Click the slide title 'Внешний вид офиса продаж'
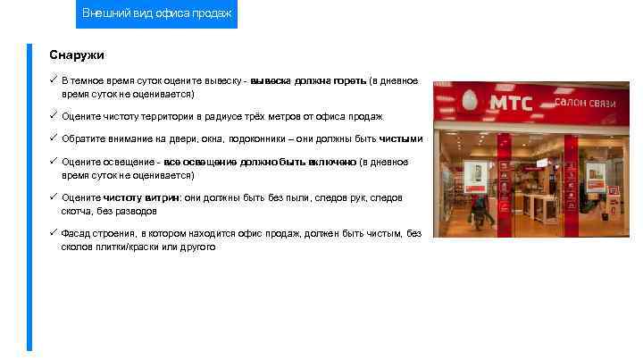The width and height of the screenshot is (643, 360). coord(156,13)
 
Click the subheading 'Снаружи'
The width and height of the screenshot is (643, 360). coord(77,55)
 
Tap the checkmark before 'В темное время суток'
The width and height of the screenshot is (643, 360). coord(54,80)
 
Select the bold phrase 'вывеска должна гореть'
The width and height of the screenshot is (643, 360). coord(308,81)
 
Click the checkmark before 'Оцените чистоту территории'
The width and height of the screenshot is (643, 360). coord(54,116)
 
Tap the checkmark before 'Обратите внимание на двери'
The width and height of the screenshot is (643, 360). coord(54,138)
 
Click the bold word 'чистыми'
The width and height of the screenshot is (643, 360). coord(401,139)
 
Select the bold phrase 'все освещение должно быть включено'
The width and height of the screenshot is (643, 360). coord(259,162)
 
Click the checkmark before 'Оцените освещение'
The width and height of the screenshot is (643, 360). coord(54,162)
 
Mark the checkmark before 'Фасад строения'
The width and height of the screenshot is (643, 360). coord(54,233)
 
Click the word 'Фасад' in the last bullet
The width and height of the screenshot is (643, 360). coord(77,233)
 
